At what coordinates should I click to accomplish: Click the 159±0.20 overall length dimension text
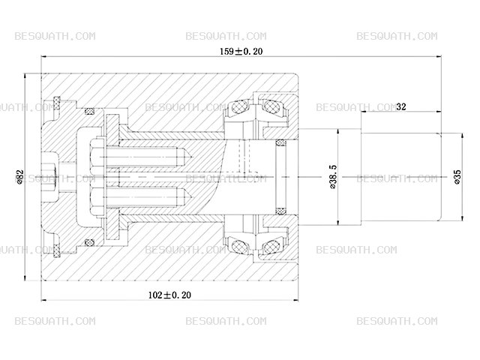(241, 51)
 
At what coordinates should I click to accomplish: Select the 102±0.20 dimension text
(169, 295)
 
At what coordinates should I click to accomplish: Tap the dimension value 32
(400, 106)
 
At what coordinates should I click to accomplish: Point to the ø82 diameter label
(20, 177)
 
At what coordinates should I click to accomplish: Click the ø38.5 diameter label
(333, 177)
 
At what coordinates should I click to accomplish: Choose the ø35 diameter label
(457, 177)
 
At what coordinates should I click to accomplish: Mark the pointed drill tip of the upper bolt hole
(192, 157)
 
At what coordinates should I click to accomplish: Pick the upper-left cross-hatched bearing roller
(240, 107)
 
